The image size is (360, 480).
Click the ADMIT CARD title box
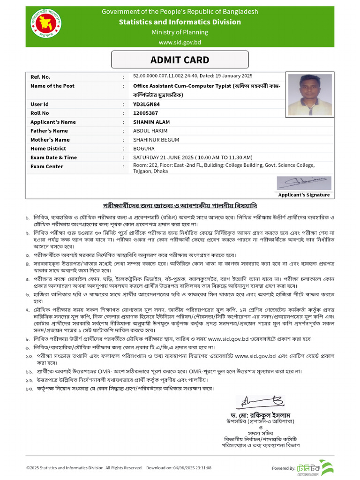[x=180, y=60]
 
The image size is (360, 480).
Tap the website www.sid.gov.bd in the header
[x=180, y=42]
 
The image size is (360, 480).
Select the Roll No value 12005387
[x=145, y=113]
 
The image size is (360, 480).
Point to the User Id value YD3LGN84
[x=146, y=104]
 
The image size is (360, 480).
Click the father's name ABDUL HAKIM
[x=150, y=131]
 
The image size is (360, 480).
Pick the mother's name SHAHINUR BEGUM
[x=155, y=140]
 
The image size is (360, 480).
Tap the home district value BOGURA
[x=143, y=149]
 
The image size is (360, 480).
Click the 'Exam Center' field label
[x=46, y=166]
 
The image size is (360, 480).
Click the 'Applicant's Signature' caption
[x=304, y=195]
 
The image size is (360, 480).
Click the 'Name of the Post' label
[x=52, y=86]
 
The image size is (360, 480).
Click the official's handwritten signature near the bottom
[x=257, y=402]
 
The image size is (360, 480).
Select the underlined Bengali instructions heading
[x=180, y=206]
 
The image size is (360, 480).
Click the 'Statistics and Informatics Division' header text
[x=180, y=22]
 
